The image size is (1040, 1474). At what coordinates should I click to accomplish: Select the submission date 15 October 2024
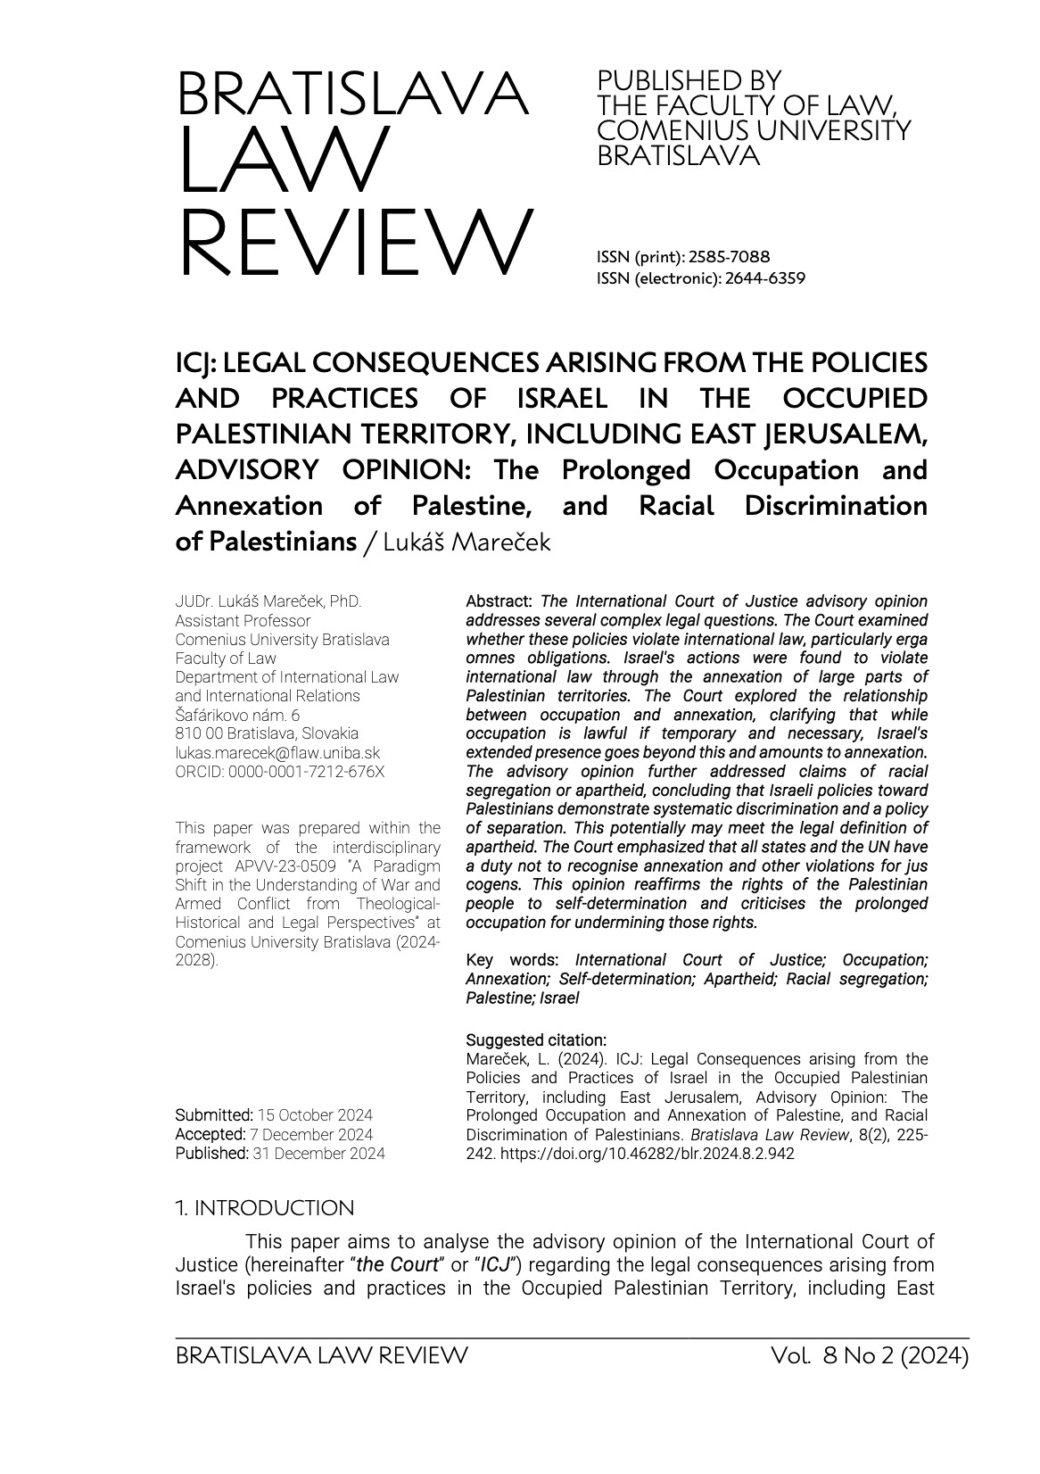coord(315,1115)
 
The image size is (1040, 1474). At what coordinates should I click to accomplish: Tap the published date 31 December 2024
coord(319,1153)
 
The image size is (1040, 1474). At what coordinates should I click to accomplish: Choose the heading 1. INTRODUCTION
coord(265,1208)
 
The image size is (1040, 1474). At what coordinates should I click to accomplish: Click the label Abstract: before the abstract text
coord(499,601)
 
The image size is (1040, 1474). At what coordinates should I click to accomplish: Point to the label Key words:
coord(513,960)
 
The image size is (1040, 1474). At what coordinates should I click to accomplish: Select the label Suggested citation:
coord(536,1040)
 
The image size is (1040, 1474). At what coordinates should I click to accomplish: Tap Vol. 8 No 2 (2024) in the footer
coord(871,1356)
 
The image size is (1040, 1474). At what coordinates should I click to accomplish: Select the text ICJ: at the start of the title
coord(192,364)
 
